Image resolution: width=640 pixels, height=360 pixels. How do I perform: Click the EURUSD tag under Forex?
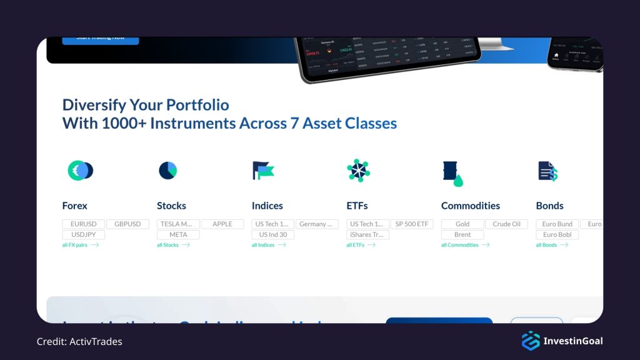(x=83, y=224)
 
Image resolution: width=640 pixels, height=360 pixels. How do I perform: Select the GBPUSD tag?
(x=127, y=224)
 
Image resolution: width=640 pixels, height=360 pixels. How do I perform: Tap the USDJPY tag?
(x=83, y=235)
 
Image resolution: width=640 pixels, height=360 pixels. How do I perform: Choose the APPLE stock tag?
(x=222, y=224)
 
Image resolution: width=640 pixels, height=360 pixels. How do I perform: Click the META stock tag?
(x=178, y=235)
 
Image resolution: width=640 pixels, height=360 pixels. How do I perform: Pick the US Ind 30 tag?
(x=273, y=235)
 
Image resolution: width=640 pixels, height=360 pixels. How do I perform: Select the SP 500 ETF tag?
(x=412, y=224)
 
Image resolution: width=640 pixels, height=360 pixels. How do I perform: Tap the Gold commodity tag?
(x=462, y=224)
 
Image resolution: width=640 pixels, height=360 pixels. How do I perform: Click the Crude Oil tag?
(x=506, y=224)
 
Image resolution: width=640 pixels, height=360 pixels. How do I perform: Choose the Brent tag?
(x=462, y=235)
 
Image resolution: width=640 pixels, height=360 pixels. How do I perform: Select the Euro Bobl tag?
(x=557, y=235)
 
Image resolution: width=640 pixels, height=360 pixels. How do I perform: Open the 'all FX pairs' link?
(x=80, y=245)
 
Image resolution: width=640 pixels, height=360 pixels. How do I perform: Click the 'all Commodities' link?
(x=465, y=245)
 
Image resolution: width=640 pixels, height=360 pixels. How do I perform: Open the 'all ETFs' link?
(x=361, y=245)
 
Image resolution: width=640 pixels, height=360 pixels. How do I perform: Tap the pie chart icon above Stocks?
(x=167, y=170)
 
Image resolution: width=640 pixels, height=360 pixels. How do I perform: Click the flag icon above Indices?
(x=263, y=170)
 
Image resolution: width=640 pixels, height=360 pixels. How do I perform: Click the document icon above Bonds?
(x=547, y=171)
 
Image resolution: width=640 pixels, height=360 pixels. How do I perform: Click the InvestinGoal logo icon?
(x=531, y=341)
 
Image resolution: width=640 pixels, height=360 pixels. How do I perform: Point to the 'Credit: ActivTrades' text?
(x=79, y=341)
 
